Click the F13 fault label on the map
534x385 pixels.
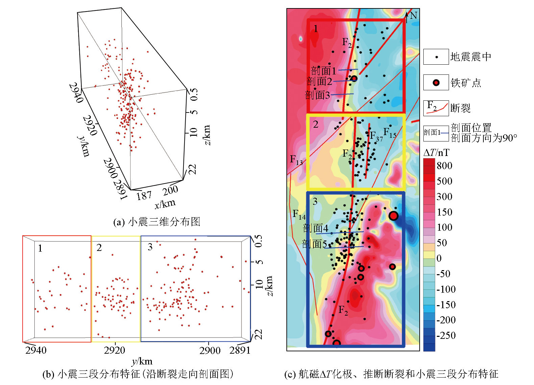[297, 160]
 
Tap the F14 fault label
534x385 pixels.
[299, 214]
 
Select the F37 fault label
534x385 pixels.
[376, 136]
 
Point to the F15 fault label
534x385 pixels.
[390, 133]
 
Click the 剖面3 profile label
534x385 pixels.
[317, 95]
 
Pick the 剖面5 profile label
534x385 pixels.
[314, 244]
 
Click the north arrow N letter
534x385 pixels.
[414, 15]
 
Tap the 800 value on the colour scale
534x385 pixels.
[444, 165]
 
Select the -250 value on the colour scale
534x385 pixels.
[446, 335]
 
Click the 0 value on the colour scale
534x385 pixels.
[439, 258]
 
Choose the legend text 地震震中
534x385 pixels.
[471, 57]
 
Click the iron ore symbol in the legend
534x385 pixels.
[436, 83]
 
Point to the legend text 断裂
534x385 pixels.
[460, 108]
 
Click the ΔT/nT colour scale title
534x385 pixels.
[436, 153]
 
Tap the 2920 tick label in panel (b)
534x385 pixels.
[114, 350]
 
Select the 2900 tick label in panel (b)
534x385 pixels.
[210, 351]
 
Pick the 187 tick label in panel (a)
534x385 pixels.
[144, 196]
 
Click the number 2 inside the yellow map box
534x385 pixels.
[316, 124]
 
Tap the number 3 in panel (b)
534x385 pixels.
[150, 247]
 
